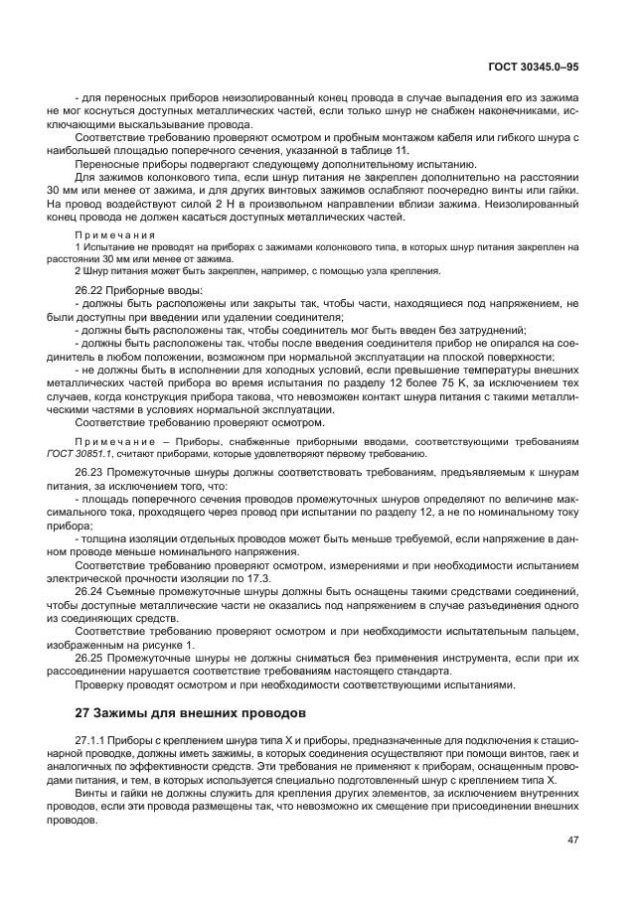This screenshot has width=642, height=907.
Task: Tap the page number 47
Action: pyautogui.click(x=573, y=839)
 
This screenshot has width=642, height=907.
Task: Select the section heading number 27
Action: pyautogui.click(x=84, y=712)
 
